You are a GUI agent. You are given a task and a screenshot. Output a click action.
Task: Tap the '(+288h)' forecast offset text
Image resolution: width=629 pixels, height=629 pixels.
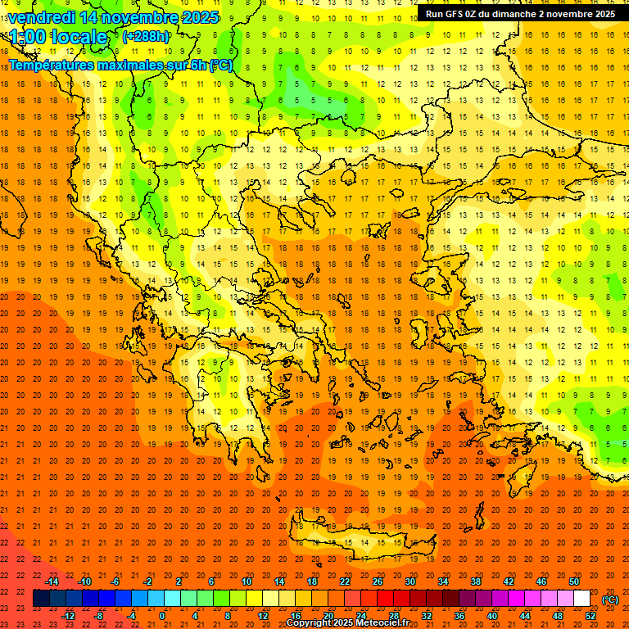147,36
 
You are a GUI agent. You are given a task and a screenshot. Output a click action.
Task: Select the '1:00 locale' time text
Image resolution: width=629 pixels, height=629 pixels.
59,37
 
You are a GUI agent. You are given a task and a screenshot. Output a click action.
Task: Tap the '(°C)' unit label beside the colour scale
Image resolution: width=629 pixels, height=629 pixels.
610,600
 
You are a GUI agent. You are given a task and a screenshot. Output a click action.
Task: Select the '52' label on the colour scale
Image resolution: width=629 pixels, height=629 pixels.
591,616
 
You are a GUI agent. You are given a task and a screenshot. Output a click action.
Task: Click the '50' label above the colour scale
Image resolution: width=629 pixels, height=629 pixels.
574,581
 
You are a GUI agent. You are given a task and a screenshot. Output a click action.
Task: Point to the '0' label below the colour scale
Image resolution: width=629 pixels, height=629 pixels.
162,616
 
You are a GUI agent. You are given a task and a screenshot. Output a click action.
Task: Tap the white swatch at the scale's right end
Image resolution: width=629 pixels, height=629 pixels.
582,599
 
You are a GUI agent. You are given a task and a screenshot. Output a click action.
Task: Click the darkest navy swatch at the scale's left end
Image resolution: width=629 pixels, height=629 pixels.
41,599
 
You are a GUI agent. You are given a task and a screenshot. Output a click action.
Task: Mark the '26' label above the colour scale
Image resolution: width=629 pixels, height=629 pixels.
378,581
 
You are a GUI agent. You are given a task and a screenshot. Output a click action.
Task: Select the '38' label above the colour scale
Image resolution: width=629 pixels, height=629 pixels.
476,581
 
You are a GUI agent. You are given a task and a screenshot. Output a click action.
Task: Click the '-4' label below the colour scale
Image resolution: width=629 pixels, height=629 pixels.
131,616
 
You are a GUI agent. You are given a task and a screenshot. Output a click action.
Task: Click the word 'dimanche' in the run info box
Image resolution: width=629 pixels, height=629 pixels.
539,14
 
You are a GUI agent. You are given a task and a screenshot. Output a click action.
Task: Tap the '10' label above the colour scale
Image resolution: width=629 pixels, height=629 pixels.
247,581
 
